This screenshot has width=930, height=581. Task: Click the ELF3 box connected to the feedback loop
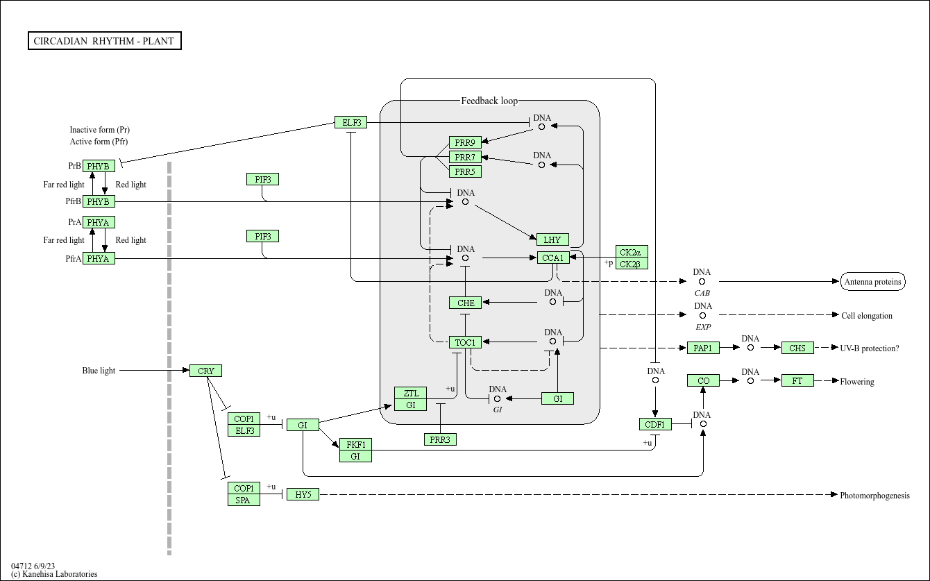[350, 122]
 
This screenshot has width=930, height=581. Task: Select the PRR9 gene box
[465, 142]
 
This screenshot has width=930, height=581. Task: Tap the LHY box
[552, 239]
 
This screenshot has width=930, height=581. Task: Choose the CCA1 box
[553, 258]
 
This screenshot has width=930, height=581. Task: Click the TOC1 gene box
[465, 343]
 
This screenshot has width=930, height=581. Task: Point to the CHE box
[465, 303]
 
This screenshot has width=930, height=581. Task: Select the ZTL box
[410, 393]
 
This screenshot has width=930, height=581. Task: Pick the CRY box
[205, 371]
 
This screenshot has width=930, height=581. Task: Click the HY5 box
[303, 495]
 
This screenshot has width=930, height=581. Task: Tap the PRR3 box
[440, 439]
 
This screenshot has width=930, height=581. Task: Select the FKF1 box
[355, 444]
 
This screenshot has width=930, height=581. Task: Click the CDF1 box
[655, 424]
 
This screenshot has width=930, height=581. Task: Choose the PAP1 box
[703, 348]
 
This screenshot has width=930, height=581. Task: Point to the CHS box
[797, 348]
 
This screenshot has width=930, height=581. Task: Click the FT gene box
[797, 381]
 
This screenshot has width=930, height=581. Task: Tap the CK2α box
[632, 252]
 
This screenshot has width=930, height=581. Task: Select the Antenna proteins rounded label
[872, 282]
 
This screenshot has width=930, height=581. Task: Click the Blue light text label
[99, 371]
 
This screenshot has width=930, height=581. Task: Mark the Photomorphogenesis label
[874, 496]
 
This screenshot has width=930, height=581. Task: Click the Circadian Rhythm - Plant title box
[105, 41]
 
